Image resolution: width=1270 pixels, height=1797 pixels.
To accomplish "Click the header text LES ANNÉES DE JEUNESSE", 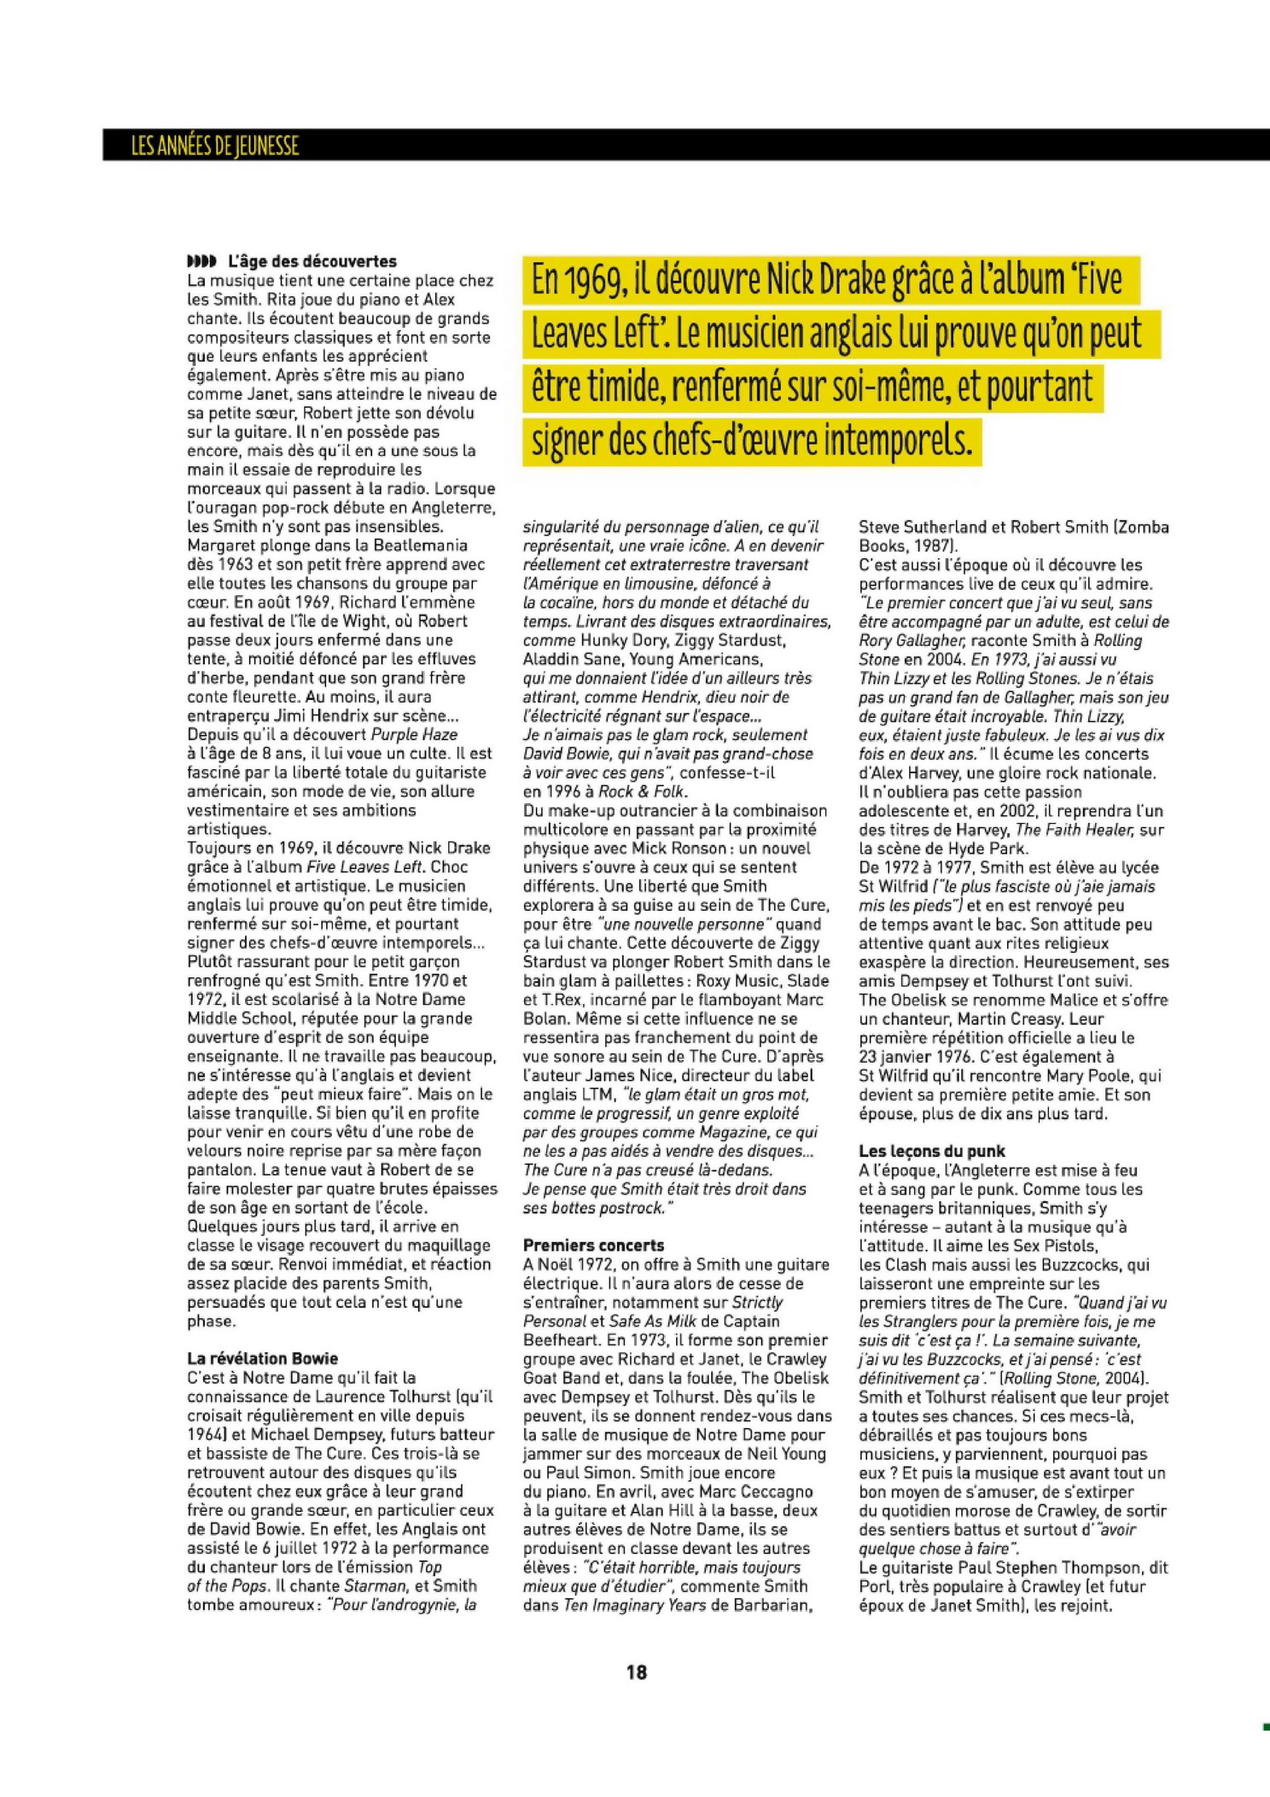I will coord(215,146).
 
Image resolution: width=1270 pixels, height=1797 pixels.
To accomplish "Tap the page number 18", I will coord(637,1672).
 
